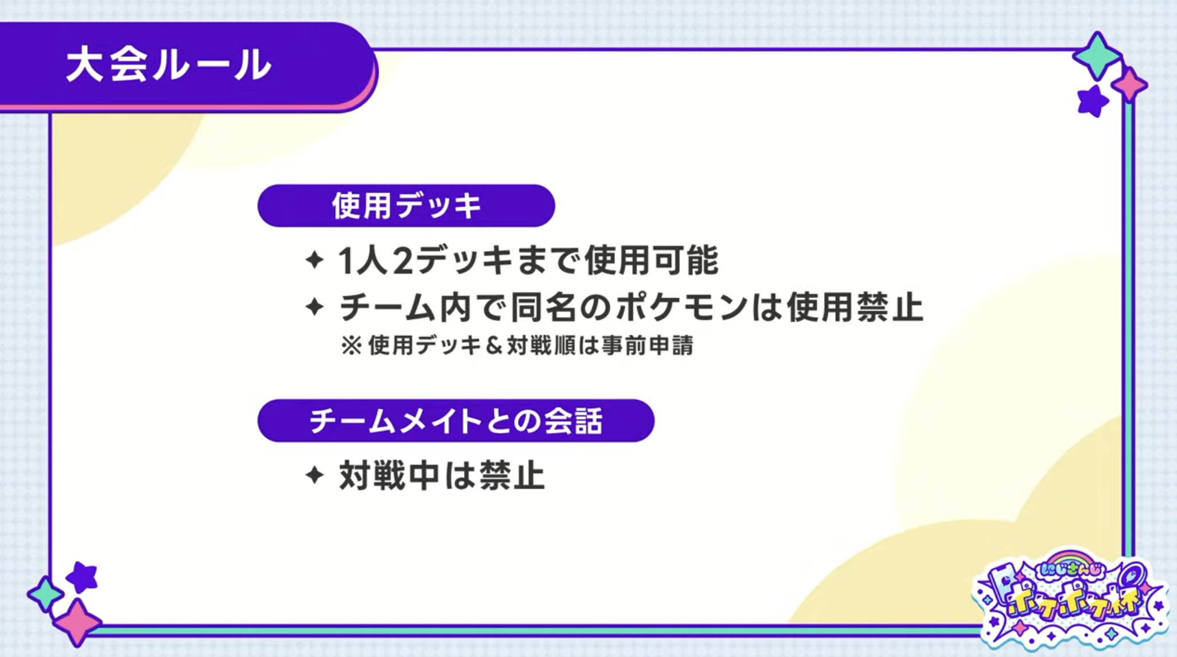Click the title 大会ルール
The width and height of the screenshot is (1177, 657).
[169, 65]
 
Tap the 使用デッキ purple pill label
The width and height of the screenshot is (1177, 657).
[406, 206]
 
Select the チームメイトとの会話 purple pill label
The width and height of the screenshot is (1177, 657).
[456, 421]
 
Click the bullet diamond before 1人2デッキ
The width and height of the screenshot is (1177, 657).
[315, 260]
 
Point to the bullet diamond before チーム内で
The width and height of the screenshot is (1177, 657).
[315, 307]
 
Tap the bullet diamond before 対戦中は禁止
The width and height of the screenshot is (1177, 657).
[315, 475]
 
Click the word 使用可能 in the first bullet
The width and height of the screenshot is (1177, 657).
[651, 260]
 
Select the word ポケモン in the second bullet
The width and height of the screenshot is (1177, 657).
[682, 307]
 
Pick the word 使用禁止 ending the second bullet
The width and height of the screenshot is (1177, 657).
[855, 307]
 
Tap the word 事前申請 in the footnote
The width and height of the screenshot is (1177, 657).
[648, 346]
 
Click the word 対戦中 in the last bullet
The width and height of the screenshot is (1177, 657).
[389, 475]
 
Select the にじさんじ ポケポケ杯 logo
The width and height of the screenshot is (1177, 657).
[1070, 599]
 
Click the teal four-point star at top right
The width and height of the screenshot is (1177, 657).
[1097, 56]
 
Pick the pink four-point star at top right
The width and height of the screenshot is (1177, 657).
[1129, 85]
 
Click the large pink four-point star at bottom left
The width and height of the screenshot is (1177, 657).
[77, 623]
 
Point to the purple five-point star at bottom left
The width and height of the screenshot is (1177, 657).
[81, 577]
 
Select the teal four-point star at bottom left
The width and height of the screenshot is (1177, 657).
[45, 594]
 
